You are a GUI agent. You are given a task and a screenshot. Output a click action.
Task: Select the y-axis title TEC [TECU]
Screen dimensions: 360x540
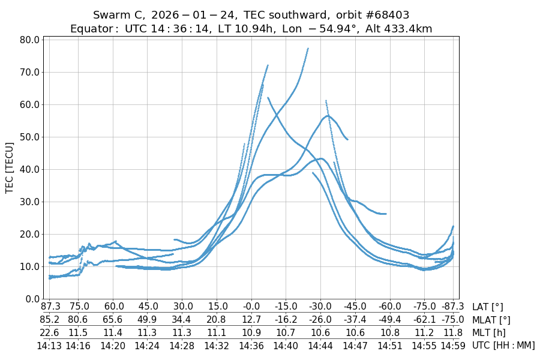click(9, 168)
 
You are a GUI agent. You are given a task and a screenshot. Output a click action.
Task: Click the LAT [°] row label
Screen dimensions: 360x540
click(488, 307)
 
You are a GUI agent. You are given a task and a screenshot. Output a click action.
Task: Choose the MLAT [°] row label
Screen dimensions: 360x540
click(491, 320)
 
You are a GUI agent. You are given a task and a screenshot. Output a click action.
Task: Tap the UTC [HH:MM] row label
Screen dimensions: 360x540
click(503, 346)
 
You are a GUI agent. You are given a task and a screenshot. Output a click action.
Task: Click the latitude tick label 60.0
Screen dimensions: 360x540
click(113, 307)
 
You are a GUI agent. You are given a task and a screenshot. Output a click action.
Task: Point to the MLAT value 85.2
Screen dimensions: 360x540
click(49, 320)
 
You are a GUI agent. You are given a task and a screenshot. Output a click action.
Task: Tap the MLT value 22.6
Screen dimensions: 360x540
click(49, 332)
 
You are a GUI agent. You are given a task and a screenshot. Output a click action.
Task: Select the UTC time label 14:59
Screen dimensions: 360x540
click(453, 346)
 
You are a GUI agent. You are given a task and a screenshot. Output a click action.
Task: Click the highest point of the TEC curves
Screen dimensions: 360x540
click(308, 49)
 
